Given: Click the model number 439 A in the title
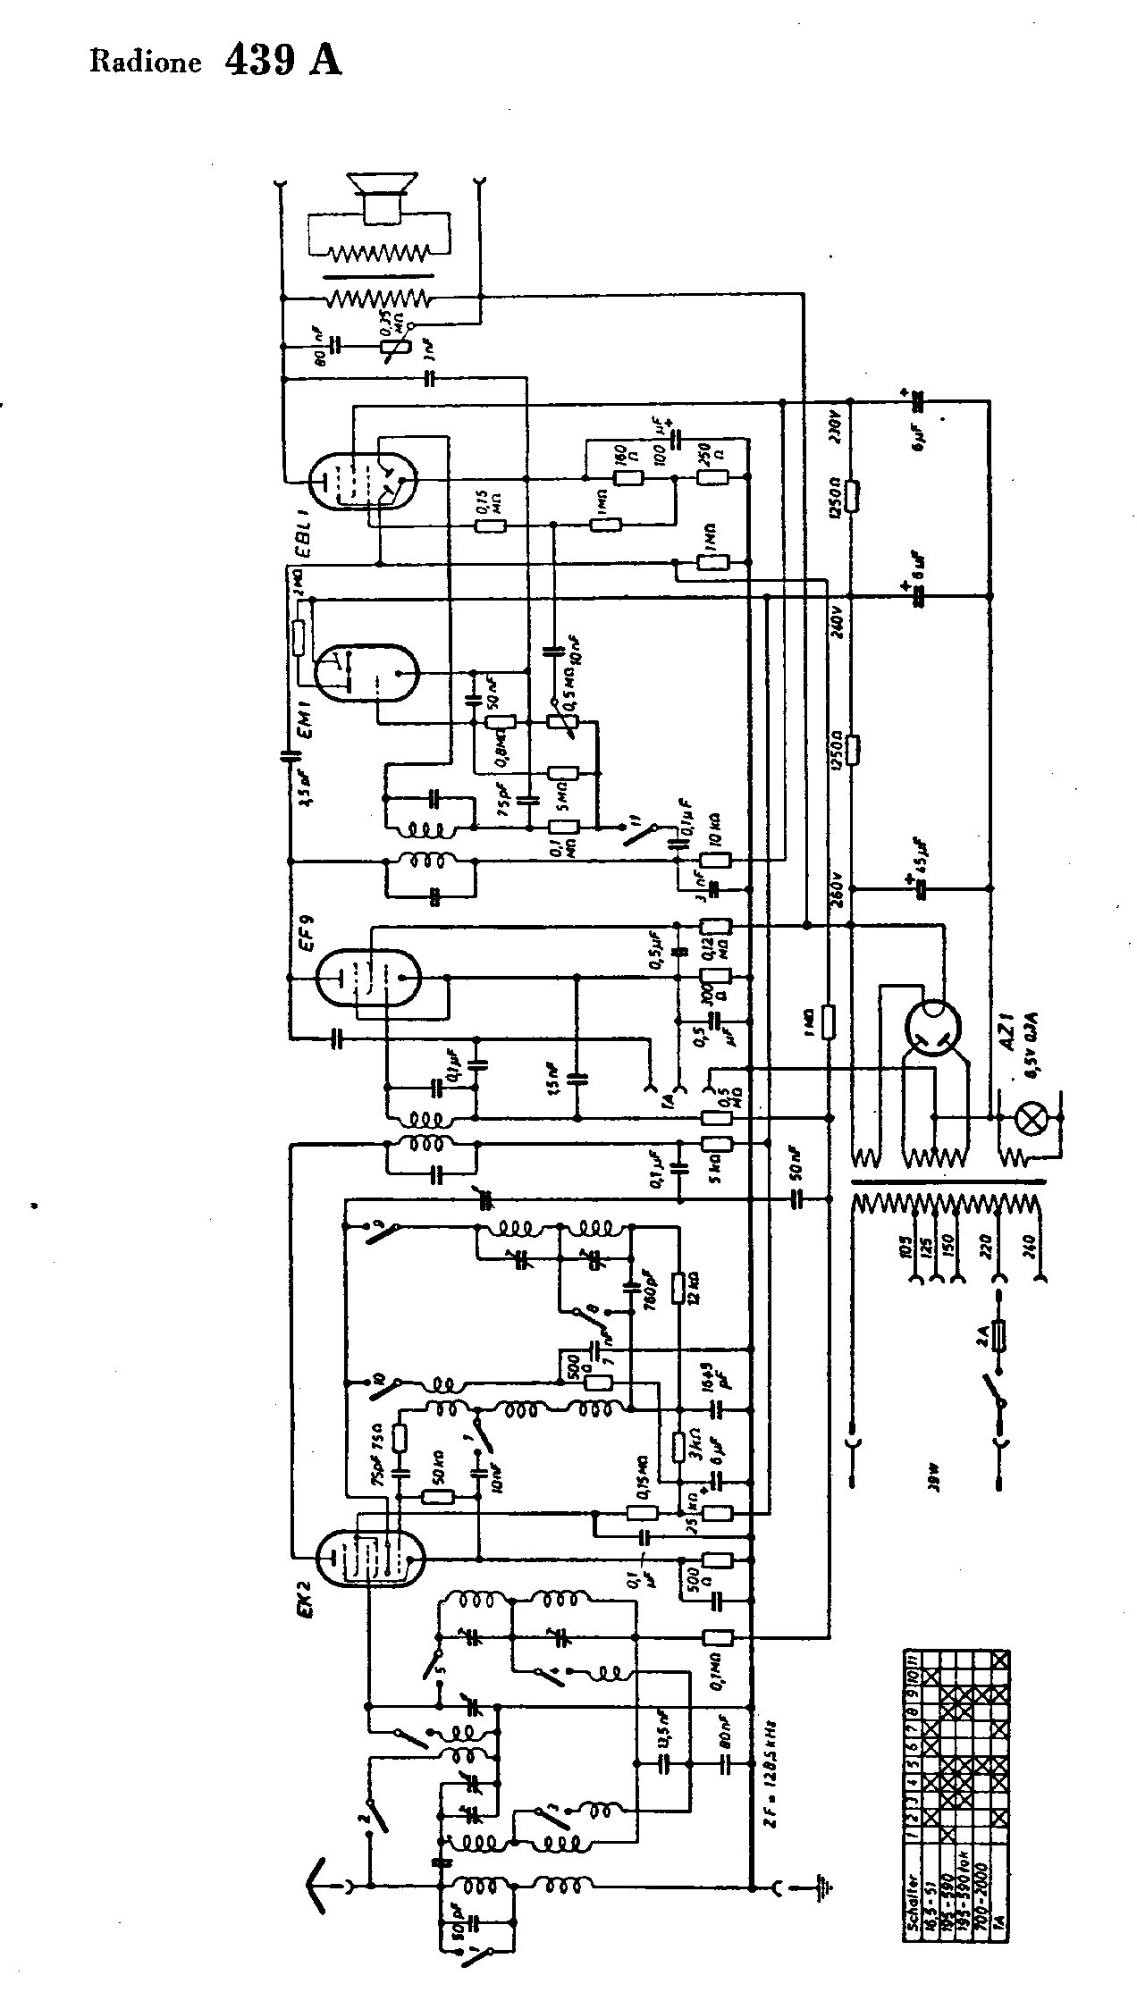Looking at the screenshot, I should tap(282, 61).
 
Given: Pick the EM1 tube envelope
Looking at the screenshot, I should tap(366, 672).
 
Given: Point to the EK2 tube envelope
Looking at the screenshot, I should tap(370, 1557).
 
